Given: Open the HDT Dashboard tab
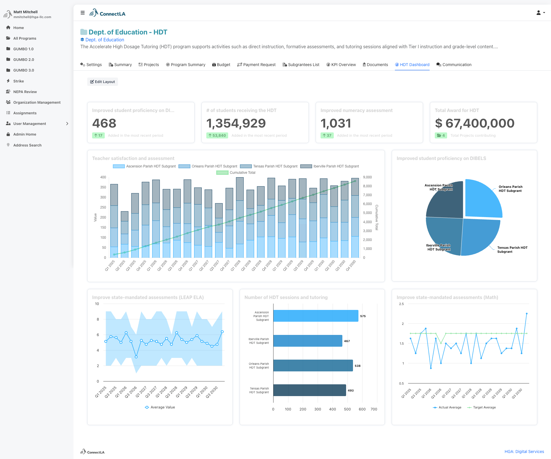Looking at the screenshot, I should tap(412, 65).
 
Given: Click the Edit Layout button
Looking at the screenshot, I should tap(102, 82).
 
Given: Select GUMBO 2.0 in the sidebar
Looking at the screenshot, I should tap(24, 59).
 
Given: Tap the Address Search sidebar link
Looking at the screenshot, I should tap(27, 145).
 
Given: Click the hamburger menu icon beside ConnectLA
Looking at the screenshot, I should tap(83, 13).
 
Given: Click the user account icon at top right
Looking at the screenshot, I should tap(540, 13).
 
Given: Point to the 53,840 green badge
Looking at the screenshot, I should tap(217, 135).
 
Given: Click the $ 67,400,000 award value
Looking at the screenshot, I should tap(475, 123).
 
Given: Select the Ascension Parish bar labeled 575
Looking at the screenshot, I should tap(316, 316).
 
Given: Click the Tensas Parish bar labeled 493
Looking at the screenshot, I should tap(309, 390).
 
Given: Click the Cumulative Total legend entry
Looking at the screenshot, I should tap(236, 173).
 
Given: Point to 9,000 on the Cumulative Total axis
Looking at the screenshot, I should tap(367, 177).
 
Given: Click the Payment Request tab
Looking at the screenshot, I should tap(256, 65).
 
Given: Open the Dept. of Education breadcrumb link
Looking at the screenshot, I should tap(104, 40).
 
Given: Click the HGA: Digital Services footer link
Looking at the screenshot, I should tap(524, 452).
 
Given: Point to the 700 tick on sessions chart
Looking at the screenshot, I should tap(374, 409).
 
